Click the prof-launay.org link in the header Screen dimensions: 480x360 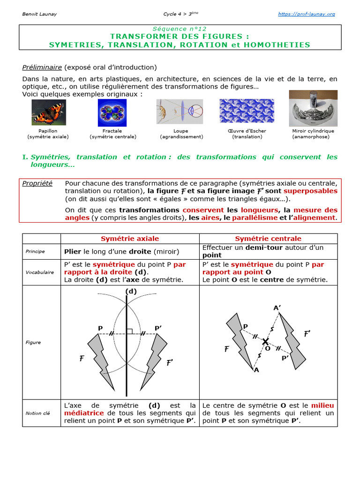click(x=307, y=14)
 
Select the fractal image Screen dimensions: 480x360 click(x=112, y=112)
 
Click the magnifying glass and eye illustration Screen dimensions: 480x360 click(x=180, y=112)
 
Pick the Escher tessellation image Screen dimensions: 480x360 click(x=247, y=111)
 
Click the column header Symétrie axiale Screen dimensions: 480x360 click(x=130, y=239)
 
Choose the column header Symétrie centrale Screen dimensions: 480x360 click(x=268, y=239)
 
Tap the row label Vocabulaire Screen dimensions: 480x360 click(x=39, y=272)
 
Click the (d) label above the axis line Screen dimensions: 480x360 click(x=131, y=291)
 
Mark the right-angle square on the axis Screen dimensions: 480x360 click(x=130, y=331)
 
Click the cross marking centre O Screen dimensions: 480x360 click(x=266, y=341)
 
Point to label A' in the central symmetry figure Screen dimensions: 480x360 click(x=277, y=308)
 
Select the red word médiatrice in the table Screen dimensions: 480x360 click(x=84, y=413)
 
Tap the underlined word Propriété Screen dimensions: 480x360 click(x=37, y=183)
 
